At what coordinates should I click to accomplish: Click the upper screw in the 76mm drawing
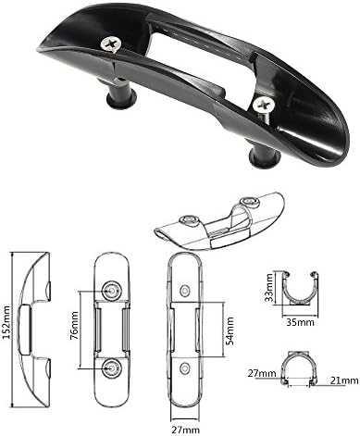coord(113,291)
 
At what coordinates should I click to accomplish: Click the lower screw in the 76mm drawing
coord(113,367)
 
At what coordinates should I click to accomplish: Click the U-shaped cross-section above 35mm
coord(298,289)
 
